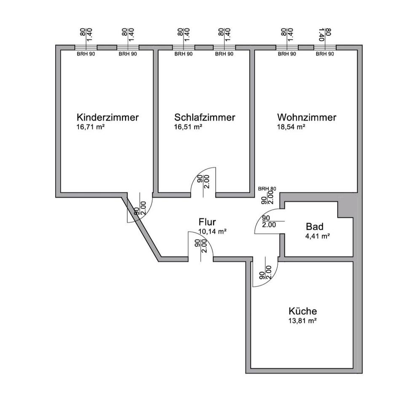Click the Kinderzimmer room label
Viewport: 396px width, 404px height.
tap(107, 117)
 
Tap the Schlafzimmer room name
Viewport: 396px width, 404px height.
tap(205, 117)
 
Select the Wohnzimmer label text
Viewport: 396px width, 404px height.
tap(307, 117)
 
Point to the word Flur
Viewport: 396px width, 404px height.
tap(207, 222)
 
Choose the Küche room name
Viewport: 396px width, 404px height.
tap(303, 312)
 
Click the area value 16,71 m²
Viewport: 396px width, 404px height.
tap(91, 126)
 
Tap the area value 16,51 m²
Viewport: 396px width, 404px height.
tap(188, 126)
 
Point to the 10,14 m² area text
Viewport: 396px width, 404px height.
tap(213, 231)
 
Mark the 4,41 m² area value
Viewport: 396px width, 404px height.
tap(317, 236)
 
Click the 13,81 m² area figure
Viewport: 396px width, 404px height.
tap(302, 321)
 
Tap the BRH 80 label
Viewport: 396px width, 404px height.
tap(267, 189)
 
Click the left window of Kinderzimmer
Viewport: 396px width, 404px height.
tap(86, 47)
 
